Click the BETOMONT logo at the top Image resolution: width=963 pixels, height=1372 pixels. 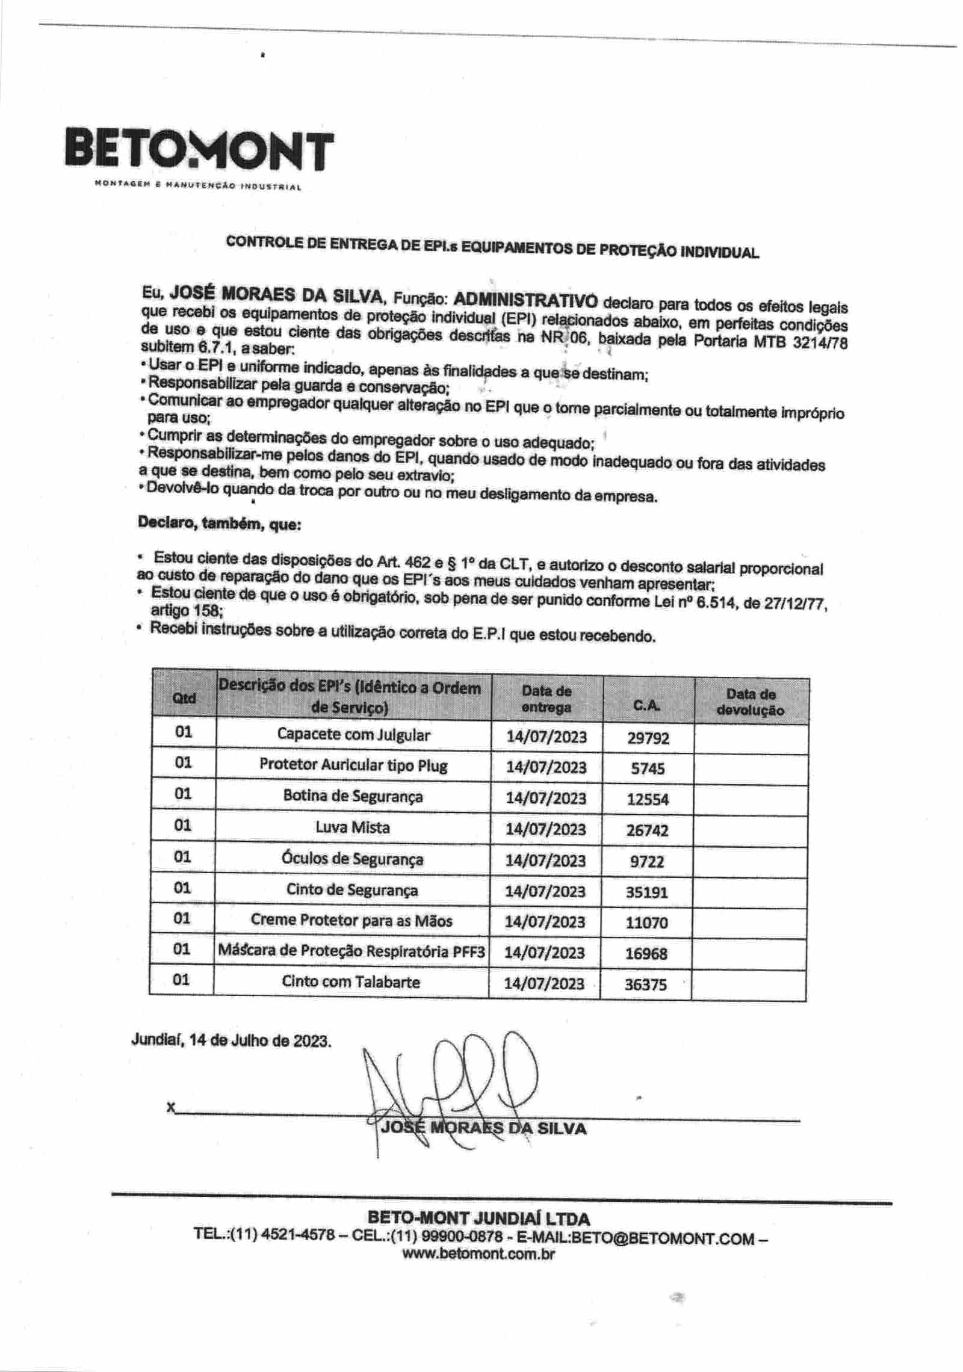198,149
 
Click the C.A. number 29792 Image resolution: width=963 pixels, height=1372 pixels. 648,738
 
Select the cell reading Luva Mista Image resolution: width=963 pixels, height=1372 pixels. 353,827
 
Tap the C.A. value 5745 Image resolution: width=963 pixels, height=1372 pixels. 648,768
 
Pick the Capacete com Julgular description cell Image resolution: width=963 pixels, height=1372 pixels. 353,735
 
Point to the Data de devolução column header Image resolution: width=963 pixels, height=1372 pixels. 751,702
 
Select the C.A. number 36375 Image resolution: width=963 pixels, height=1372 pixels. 646,984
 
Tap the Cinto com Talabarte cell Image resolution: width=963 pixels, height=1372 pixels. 351,981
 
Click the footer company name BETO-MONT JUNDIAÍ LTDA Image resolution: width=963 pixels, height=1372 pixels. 478,1219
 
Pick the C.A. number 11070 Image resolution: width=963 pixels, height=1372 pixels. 646,922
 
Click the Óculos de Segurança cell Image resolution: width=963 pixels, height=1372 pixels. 353,859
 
